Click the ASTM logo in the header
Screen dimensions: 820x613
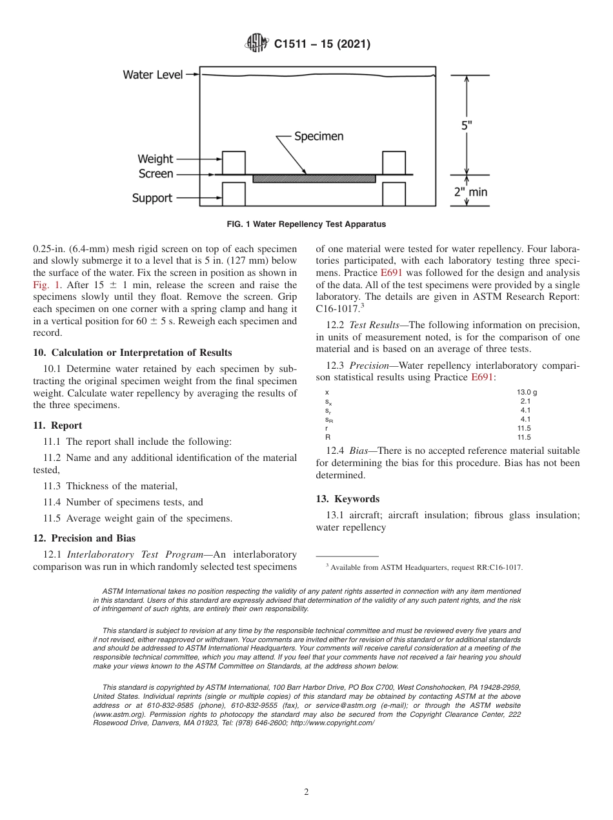[x=257, y=44]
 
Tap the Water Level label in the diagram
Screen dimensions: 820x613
[x=152, y=75]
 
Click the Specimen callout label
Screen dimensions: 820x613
[x=319, y=137]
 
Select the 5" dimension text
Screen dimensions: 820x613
[x=466, y=126]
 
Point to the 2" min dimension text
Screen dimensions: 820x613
[x=470, y=191]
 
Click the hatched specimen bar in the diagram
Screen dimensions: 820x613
[x=314, y=179]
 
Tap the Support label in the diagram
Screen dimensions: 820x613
[x=152, y=198]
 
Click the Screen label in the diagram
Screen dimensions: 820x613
[x=156, y=174]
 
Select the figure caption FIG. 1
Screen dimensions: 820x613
[x=306, y=224]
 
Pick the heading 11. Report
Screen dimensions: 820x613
[x=57, y=425]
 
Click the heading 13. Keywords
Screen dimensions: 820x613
[x=347, y=499]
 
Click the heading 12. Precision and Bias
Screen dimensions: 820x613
[x=85, y=538]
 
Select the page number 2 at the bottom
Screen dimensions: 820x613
[x=306, y=792]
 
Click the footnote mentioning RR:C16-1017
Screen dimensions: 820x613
[x=424, y=567]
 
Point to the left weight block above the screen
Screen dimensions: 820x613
[x=234, y=162]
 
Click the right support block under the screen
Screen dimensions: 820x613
[x=394, y=193]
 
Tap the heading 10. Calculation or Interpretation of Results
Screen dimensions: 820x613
[x=132, y=352]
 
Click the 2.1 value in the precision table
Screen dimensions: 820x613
[x=525, y=401]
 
